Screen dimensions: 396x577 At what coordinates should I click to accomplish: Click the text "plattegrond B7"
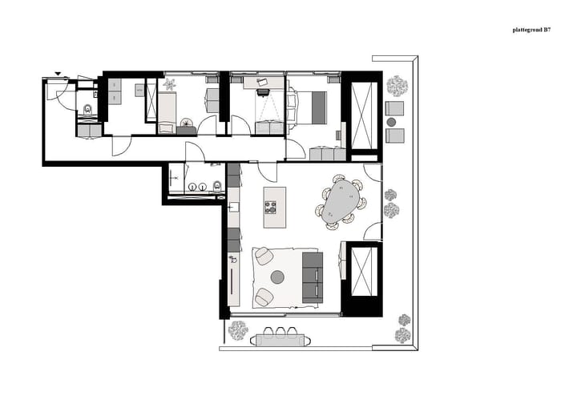click(531, 30)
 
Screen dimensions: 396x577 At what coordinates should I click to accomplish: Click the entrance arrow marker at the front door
click(58, 75)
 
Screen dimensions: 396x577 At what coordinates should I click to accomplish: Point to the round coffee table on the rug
click(277, 277)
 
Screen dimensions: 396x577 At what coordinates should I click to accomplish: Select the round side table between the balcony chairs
click(392, 122)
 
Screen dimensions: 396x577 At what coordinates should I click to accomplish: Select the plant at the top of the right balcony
click(395, 84)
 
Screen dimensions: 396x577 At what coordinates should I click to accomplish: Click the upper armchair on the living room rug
click(264, 257)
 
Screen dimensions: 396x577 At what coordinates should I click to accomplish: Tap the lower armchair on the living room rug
click(263, 297)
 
